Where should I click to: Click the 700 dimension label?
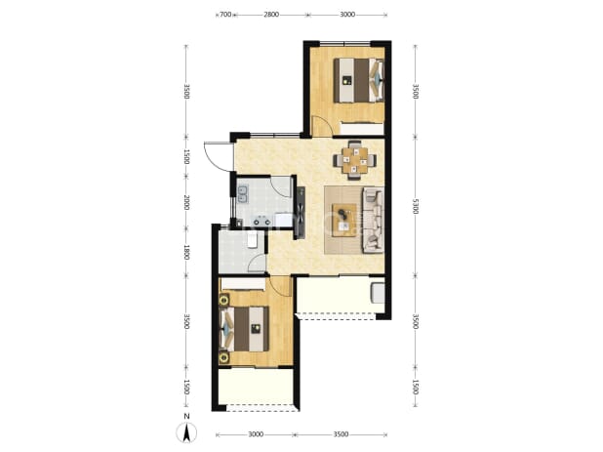click(x=225, y=15)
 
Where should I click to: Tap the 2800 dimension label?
click(x=271, y=15)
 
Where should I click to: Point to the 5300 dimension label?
click(x=415, y=206)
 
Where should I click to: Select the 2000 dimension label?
click(x=186, y=202)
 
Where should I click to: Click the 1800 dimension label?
click(x=186, y=252)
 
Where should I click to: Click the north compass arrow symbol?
click(x=186, y=432)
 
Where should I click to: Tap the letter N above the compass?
click(x=186, y=417)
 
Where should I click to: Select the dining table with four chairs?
click(x=354, y=160)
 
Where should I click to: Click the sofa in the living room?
click(x=373, y=220)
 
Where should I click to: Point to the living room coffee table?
click(x=343, y=221)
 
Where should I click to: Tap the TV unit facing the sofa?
click(x=301, y=213)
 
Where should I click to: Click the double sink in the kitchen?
click(x=243, y=194)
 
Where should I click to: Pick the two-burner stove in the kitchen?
click(x=261, y=222)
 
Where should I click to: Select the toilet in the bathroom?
click(x=253, y=239)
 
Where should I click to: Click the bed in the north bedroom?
click(x=358, y=80)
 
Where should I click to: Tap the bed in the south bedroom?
click(x=244, y=329)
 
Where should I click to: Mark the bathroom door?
click(x=258, y=264)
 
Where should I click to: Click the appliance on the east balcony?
click(x=378, y=293)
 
